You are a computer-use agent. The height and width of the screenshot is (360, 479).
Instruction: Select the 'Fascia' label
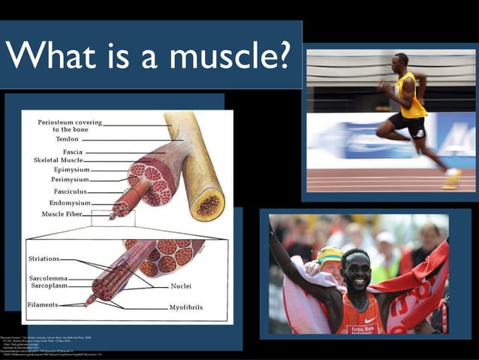tap(72, 152)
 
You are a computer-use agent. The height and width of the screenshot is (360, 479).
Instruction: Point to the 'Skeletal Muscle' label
tap(58, 160)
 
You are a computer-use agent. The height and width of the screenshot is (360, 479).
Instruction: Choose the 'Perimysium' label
tap(70, 180)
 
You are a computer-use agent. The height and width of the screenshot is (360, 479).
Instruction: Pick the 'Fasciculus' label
tap(71, 192)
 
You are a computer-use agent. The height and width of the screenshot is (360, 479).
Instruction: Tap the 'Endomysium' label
tap(70, 203)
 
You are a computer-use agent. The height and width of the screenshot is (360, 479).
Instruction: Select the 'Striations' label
tap(44, 259)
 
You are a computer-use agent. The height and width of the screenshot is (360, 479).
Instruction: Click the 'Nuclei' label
tap(180, 286)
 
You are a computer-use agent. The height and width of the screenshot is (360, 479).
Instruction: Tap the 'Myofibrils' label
tap(186, 308)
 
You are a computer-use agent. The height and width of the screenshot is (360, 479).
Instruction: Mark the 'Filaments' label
tap(42, 304)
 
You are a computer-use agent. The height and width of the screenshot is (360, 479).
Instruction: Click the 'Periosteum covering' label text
tap(70, 122)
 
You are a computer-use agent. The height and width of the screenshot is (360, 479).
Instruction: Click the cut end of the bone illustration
tap(207, 204)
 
